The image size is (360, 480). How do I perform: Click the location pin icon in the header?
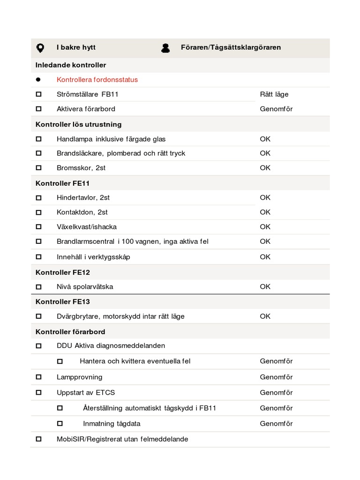(x=40, y=48)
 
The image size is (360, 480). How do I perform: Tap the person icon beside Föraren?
(x=165, y=48)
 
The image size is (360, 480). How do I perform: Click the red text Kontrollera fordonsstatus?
(x=97, y=80)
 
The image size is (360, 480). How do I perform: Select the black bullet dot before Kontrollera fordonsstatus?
(x=38, y=80)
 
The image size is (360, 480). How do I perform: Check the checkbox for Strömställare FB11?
(x=38, y=94)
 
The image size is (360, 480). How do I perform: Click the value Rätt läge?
(x=274, y=94)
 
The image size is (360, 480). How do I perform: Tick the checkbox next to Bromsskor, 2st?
(x=38, y=167)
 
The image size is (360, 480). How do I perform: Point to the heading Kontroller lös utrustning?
(x=78, y=124)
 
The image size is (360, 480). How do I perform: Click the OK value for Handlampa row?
(x=265, y=139)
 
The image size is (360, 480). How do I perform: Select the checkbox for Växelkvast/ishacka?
(x=38, y=227)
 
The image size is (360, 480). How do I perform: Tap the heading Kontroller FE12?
(x=63, y=272)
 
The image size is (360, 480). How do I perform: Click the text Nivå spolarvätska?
(x=85, y=286)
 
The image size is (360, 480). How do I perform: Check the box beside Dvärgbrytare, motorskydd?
(x=38, y=316)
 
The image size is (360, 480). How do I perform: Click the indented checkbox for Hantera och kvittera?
(x=60, y=361)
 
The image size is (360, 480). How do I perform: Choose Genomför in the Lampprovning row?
(x=276, y=377)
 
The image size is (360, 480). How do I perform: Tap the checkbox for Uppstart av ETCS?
(x=38, y=392)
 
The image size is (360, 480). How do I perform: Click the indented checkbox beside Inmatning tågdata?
(x=60, y=423)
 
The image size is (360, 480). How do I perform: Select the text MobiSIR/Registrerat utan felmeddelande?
(x=122, y=439)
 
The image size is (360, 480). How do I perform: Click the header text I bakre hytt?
(x=76, y=47)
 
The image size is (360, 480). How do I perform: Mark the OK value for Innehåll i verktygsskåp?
(x=265, y=257)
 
